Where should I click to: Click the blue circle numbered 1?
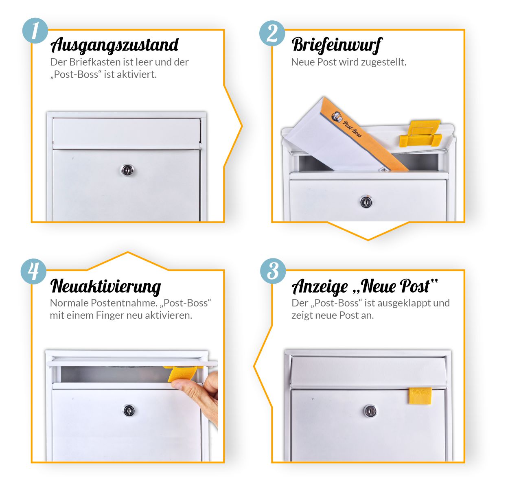35,31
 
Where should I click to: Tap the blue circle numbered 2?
272,33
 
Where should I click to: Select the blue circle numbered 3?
273,271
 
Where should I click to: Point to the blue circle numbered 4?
34,271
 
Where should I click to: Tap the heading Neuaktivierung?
105,287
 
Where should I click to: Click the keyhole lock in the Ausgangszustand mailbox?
127,170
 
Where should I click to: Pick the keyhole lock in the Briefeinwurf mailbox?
366,201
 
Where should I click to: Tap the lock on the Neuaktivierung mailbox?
129,411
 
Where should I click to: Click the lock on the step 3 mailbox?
370,411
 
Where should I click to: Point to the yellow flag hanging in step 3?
420,396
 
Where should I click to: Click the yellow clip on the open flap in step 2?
420,133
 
